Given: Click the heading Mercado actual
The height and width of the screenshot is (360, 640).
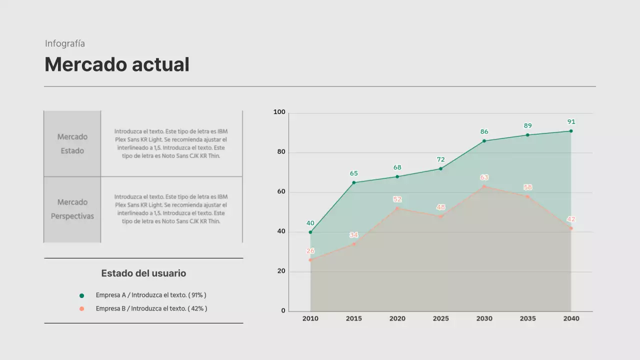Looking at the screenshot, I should point(117,64).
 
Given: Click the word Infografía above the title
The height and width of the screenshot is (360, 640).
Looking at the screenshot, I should point(65,43).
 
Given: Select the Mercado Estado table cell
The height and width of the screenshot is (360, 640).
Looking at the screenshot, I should point(72,143).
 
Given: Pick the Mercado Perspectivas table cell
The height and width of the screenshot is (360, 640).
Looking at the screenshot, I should point(72,209).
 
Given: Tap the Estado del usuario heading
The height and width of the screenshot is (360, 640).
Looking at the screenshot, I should point(143,273).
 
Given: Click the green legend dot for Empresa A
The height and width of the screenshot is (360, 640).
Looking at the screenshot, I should point(82,295).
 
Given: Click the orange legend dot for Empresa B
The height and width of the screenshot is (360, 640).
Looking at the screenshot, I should point(82,309).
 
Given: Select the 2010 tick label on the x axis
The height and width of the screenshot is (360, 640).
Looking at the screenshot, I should point(310,318).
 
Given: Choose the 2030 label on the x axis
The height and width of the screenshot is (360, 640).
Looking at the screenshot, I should point(484,318).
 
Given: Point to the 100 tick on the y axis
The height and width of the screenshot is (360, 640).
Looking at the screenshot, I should point(279,112).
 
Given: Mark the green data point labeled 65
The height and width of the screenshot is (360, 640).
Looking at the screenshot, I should point(354,182).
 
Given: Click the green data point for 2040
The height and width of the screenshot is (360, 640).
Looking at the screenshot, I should point(571,131).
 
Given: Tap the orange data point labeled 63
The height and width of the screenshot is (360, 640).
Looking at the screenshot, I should point(484,186).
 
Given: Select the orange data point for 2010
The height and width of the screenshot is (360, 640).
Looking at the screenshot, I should point(310,260).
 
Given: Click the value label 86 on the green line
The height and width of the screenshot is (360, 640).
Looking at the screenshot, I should point(484,132).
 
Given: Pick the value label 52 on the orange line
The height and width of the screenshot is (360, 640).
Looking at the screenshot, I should point(397,199).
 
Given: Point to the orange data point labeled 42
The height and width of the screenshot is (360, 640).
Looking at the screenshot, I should point(571,228).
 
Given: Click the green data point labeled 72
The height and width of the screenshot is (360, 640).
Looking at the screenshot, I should point(440,168).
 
